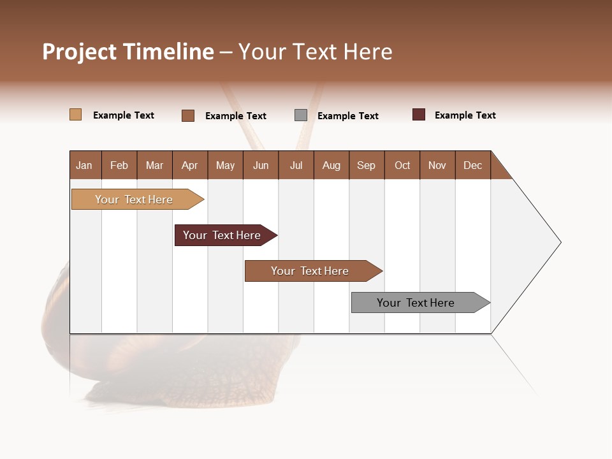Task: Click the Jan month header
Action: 85,165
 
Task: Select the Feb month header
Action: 119,165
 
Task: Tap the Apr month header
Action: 190,165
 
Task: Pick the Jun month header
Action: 261,165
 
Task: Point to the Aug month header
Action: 331,165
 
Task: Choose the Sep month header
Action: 367,165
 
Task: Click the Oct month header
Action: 402,165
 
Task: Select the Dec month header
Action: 473,165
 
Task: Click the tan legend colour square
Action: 76,115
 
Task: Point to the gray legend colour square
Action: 301,115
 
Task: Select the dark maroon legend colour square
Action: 419,115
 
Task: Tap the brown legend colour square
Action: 188,115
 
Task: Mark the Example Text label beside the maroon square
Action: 465,115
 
